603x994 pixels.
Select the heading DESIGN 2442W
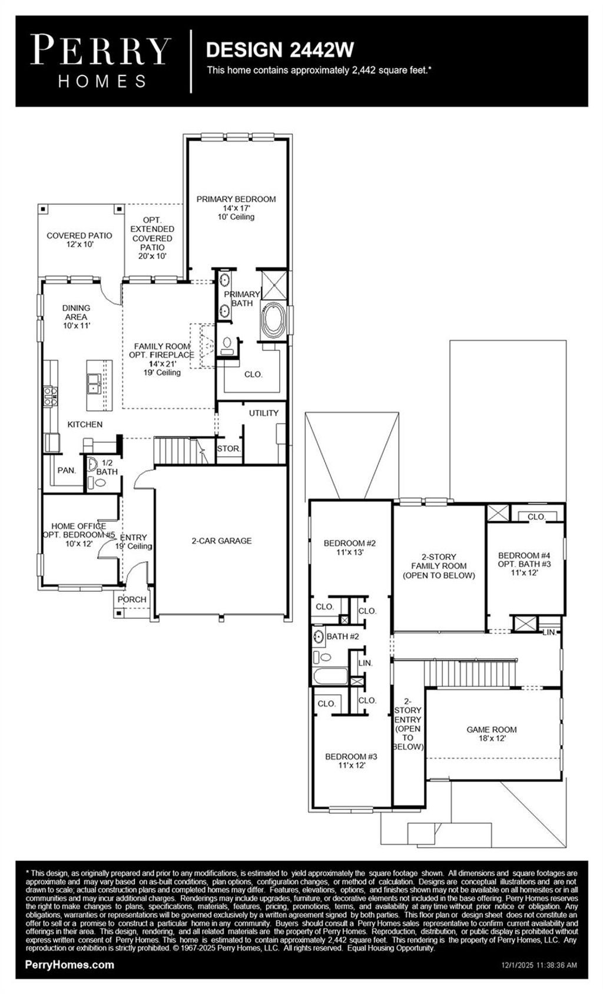click(280, 50)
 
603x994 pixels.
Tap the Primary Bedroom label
click(236, 207)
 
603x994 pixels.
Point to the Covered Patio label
click(79, 240)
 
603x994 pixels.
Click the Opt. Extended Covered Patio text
click(153, 238)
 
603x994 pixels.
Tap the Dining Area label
click(77, 316)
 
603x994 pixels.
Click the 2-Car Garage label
click(221, 541)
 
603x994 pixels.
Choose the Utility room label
click(263, 413)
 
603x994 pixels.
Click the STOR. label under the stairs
click(228, 449)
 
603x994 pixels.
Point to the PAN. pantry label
click(67, 470)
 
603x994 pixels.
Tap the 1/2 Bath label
click(107, 468)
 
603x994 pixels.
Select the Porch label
click(132, 599)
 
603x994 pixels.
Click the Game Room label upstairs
click(491, 734)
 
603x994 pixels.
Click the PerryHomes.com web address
click(70, 965)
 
